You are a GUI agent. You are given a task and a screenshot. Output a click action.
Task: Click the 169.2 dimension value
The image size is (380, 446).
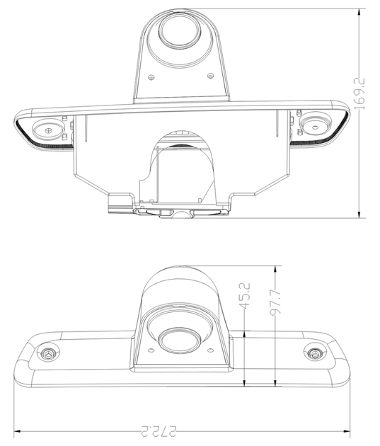(x=359, y=94)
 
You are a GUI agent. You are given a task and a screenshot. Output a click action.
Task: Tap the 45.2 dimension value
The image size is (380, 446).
(x=244, y=295)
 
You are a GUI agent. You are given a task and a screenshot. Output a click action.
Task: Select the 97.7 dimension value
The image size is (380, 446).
(x=275, y=302)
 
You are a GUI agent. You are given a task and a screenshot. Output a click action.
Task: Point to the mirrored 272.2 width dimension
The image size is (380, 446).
(x=159, y=431)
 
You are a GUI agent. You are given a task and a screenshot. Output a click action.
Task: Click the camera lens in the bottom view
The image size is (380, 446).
(x=179, y=341)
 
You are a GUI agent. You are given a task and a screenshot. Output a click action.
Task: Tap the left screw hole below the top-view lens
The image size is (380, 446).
(x=151, y=77)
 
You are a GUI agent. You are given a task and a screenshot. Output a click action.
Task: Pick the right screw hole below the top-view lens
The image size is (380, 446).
(x=210, y=76)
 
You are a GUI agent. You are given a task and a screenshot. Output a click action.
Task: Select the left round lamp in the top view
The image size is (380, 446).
(x=47, y=130)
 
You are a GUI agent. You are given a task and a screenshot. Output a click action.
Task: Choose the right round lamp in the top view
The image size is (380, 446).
(x=316, y=126)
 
